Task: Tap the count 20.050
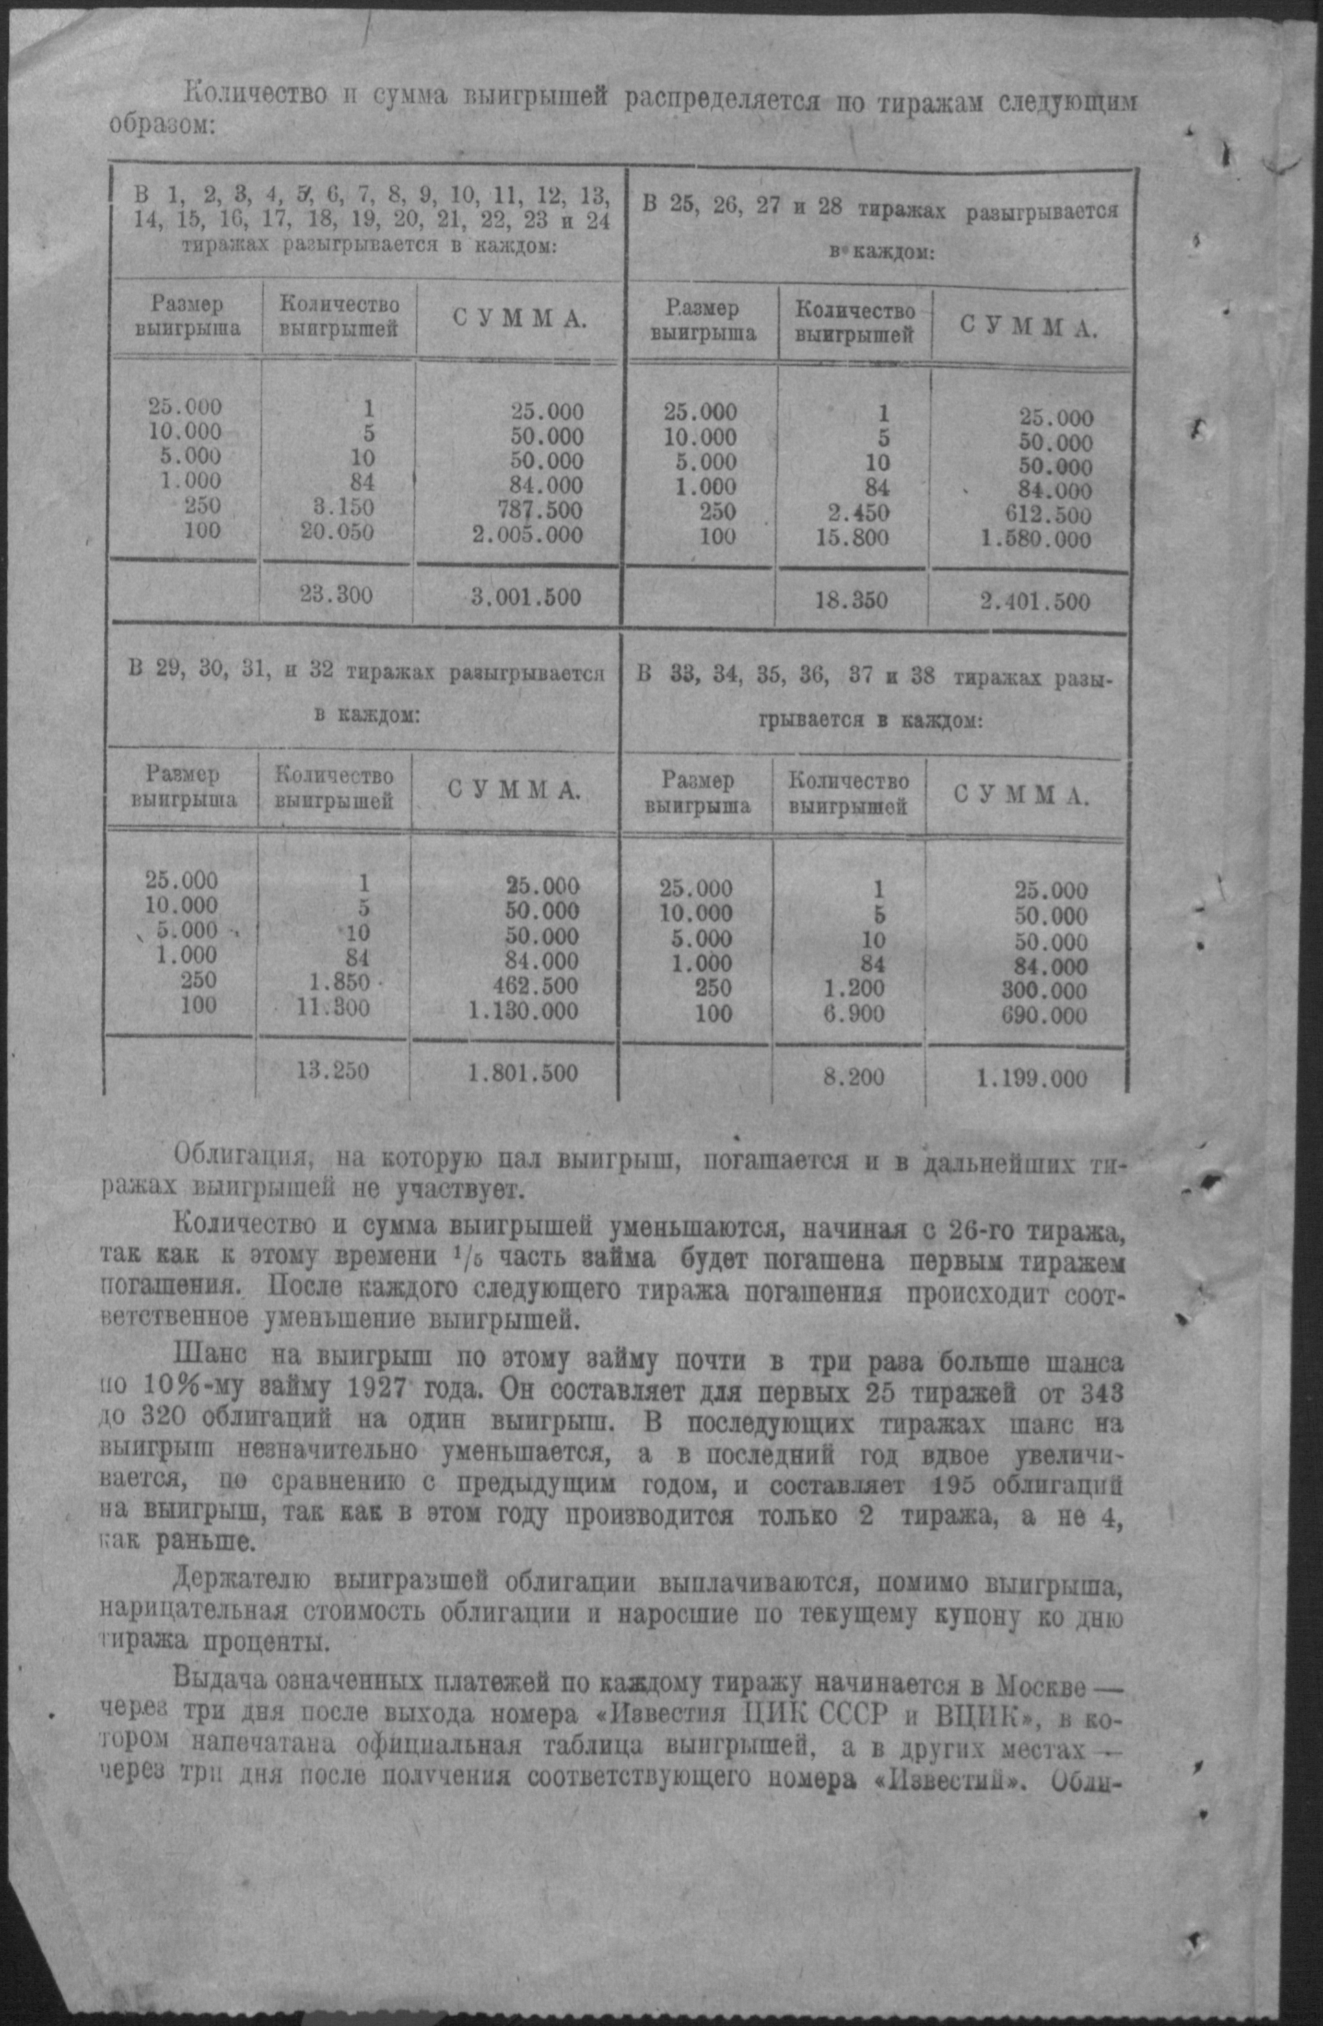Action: pos(337,532)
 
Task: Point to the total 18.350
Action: pos(852,601)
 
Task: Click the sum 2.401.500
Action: pos(1034,603)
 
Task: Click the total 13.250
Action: pos(333,1070)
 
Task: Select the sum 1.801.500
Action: pos(523,1073)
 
